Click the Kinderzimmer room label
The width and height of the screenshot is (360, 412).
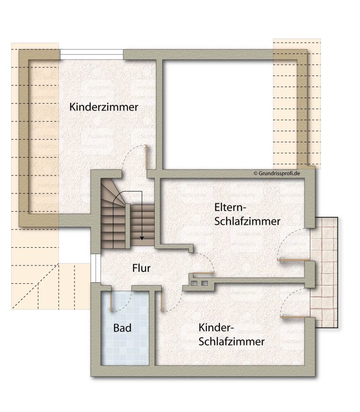pyautogui.click(x=104, y=107)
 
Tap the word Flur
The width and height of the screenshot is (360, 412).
pyautogui.click(x=141, y=268)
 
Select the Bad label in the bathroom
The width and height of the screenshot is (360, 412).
pyautogui.click(x=122, y=328)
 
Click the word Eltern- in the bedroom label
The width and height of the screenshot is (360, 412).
pyautogui.click(x=230, y=207)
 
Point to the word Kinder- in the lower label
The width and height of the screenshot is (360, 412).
pyautogui.click(x=216, y=328)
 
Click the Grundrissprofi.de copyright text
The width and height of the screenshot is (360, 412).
pyautogui.click(x=277, y=173)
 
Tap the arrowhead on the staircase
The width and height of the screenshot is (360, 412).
pyautogui.click(x=142, y=238)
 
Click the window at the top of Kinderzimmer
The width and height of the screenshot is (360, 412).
pyautogui.click(x=91, y=55)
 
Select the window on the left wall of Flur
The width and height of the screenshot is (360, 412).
pyautogui.click(x=96, y=268)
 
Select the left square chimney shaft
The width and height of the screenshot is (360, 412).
pyautogui.click(x=194, y=283)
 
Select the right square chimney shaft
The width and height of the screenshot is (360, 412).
pyautogui.click(x=204, y=283)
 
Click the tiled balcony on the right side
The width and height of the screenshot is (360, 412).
pyautogui.click(x=324, y=272)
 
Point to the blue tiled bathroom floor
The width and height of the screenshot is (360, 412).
pyautogui.click(x=125, y=328)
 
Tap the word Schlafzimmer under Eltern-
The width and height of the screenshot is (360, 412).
pyautogui.click(x=247, y=221)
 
